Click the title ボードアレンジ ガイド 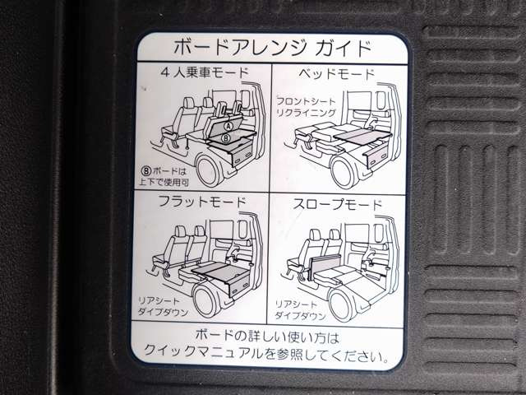click(x=272, y=48)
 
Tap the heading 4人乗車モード click(x=205, y=73)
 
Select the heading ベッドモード click(x=336, y=73)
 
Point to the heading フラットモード click(x=202, y=202)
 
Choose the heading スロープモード click(x=338, y=203)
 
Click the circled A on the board click(x=228, y=126)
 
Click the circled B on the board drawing click(x=226, y=137)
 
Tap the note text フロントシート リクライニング click(x=306, y=106)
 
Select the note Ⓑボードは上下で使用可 click(x=164, y=176)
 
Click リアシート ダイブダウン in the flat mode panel click(x=164, y=306)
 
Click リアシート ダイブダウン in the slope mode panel click(x=300, y=309)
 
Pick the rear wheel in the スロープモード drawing click(x=343, y=304)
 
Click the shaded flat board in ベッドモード click(x=363, y=134)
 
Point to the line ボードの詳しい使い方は click(x=267, y=336)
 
